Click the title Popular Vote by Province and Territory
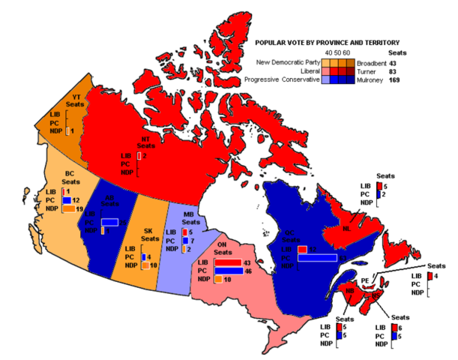(328, 43)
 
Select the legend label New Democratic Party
(287, 61)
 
